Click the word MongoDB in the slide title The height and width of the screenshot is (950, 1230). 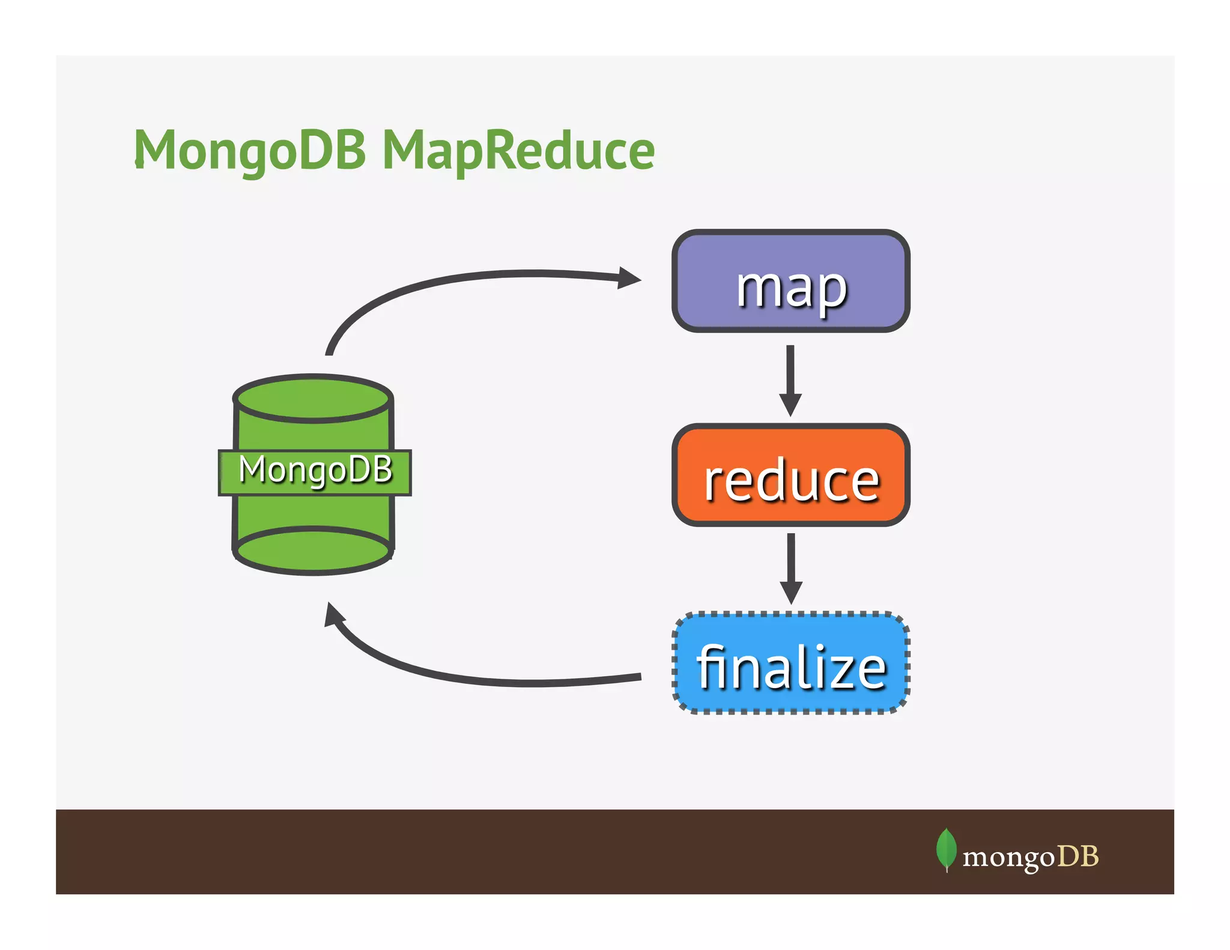coord(249,150)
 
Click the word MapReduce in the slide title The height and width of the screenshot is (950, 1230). coord(518,150)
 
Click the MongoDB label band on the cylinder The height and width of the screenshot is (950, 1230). coord(315,473)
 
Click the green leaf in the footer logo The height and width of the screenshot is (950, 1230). coord(946,848)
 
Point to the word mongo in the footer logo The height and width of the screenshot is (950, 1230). coord(1008,856)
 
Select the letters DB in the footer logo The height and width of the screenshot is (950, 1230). coord(1078,856)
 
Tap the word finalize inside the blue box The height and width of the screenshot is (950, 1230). coord(792,668)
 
